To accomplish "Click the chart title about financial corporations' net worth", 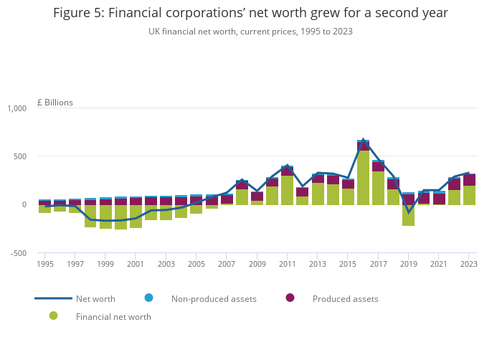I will pyautogui.click(x=250, y=13).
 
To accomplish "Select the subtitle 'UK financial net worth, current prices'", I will pyautogui.click(x=250, y=32).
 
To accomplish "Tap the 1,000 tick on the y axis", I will pyautogui.click(x=16, y=108).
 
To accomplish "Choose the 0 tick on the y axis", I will pyautogui.click(x=24, y=204).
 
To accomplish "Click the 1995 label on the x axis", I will pyautogui.click(x=45, y=265).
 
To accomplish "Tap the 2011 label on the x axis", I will pyautogui.click(x=287, y=265).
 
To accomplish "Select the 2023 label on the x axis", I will pyautogui.click(x=469, y=265).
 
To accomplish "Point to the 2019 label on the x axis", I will pyautogui.click(x=408, y=265).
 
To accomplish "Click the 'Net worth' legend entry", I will pyautogui.click(x=95, y=298).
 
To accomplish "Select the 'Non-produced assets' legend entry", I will pyautogui.click(x=214, y=298).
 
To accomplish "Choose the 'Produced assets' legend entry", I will pyautogui.click(x=345, y=298).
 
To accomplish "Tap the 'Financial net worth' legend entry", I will pyautogui.click(x=113, y=316).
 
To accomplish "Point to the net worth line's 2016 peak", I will pyautogui.click(x=363, y=140).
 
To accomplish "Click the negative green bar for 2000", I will pyautogui.click(x=120, y=217).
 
